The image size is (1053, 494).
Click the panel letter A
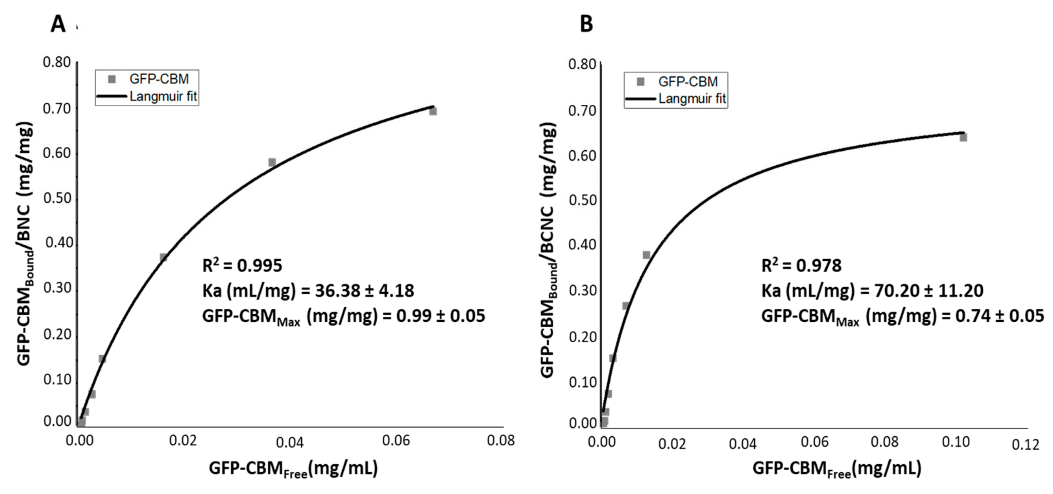coord(58,25)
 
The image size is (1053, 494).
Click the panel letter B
coord(586,25)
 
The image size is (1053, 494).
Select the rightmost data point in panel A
coord(433,111)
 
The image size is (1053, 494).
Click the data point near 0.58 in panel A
coord(272,162)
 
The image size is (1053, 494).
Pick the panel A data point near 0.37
coord(163,257)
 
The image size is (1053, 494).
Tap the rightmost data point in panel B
coord(963,137)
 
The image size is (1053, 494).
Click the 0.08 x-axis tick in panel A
coord(501,441)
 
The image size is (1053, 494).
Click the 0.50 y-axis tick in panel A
coord(57,199)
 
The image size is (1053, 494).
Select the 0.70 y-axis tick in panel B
coord(582,111)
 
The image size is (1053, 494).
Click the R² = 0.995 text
coord(242,265)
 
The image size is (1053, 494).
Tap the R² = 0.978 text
coord(801,265)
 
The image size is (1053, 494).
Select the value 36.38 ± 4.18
coord(364,291)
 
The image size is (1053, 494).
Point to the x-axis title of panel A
coord(293,469)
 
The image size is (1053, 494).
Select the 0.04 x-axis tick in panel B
coord(743,444)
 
